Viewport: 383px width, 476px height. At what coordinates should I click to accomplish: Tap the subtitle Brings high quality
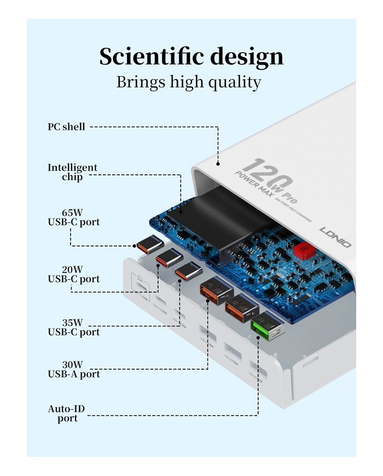point(189,82)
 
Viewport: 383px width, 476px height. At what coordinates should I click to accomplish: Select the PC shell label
point(66,127)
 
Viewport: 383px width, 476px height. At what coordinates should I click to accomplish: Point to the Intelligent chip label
point(72,172)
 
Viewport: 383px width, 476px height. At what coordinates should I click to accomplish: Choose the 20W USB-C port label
point(73,274)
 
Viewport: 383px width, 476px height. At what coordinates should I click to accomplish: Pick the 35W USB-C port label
point(73,327)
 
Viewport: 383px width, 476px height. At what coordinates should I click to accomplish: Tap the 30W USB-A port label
point(73,369)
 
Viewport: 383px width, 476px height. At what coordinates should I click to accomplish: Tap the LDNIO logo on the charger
point(335,237)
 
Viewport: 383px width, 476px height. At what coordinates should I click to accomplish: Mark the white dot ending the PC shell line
point(218,163)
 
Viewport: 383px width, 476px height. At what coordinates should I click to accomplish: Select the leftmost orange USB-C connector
point(146,244)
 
